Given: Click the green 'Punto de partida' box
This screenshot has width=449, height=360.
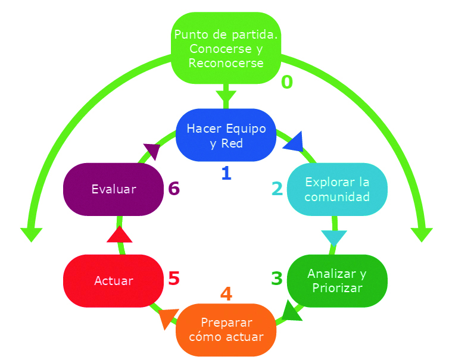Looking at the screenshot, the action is tap(226, 48).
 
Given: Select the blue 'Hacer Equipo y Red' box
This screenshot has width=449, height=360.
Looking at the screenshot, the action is tap(226, 135).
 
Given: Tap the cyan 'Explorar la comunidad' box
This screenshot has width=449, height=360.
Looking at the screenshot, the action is tap(337, 189).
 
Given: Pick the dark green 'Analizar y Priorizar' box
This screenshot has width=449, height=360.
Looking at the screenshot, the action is tap(337, 281).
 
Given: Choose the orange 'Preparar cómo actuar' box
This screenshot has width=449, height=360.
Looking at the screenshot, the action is tap(226, 330).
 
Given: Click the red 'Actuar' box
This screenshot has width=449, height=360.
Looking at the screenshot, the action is tap(113, 281).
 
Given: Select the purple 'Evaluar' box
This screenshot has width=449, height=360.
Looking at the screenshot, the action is tap(113, 189).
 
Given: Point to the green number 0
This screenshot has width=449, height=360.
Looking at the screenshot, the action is tap(287, 82).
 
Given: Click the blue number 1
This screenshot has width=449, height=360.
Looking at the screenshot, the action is tap(226, 173).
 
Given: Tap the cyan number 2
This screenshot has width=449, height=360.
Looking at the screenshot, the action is tap(277, 189).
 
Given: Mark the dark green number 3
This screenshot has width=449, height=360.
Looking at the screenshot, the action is tap(277, 278).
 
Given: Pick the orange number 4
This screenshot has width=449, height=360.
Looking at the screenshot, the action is tap(226, 293).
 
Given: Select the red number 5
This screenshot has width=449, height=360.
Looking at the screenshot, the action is tap(174, 278).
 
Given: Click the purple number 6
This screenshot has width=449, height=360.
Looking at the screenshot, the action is tap(174, 189).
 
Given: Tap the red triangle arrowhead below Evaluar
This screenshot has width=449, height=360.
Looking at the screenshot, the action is tap(120, 234).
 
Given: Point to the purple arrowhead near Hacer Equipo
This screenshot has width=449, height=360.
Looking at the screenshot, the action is tap(152, 151).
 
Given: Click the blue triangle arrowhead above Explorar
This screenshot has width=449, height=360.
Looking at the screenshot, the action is tap(295, 142).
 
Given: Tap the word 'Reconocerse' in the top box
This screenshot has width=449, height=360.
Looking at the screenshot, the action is tap(226, 63).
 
